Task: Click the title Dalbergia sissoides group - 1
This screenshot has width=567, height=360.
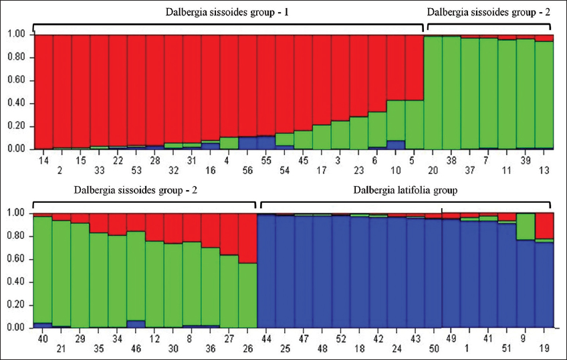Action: (x=227, y=12)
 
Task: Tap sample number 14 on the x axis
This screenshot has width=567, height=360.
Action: (x=44, y=161)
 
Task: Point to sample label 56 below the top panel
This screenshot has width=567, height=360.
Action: (x=247, y=171)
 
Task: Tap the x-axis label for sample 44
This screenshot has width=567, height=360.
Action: (x=265, y=339)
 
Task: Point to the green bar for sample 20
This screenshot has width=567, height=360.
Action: (x=433, y=94)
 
